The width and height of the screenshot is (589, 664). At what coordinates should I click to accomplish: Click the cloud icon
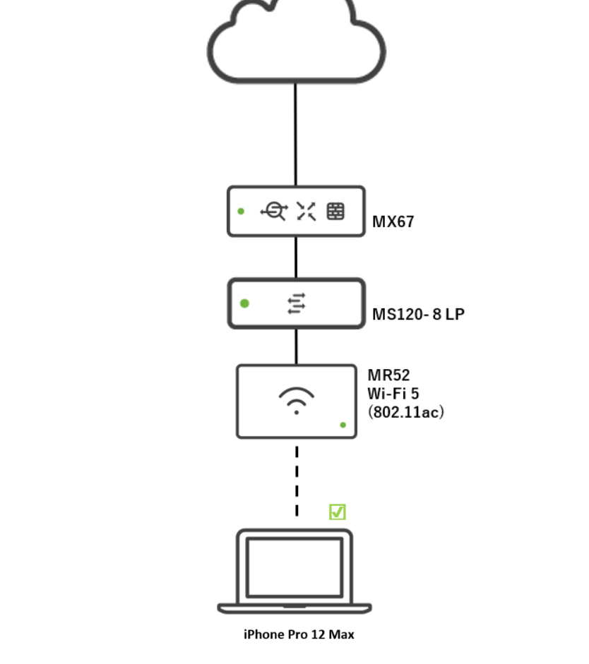296,42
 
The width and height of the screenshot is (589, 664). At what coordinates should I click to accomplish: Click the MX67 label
393,222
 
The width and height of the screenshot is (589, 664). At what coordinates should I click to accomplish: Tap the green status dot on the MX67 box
242,211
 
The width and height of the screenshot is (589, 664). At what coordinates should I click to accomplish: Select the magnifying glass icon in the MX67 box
274,211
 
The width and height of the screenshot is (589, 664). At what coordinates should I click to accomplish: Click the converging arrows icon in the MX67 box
306,211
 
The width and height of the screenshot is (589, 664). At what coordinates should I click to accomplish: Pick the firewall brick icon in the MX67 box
335,211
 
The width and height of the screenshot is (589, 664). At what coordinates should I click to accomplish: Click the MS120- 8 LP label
418,314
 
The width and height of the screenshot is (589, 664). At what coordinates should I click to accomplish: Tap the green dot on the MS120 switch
244,303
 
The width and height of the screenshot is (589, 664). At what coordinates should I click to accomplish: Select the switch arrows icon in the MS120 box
297,303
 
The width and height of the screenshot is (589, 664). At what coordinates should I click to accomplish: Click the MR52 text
388,375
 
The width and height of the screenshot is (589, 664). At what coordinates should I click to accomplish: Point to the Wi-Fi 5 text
393,393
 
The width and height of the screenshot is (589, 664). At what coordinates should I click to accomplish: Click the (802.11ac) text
405,411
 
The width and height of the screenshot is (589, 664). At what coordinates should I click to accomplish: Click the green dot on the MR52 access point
343,425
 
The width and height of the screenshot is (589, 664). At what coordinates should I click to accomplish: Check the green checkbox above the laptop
338,512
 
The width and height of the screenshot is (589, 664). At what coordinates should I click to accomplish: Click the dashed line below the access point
297,480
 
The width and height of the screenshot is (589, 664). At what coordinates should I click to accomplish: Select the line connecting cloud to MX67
296,134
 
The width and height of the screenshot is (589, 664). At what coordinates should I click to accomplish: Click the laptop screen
294,567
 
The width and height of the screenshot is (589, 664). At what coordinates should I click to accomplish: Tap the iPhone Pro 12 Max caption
299,634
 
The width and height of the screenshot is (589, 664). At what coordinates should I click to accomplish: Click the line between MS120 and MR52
296,346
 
